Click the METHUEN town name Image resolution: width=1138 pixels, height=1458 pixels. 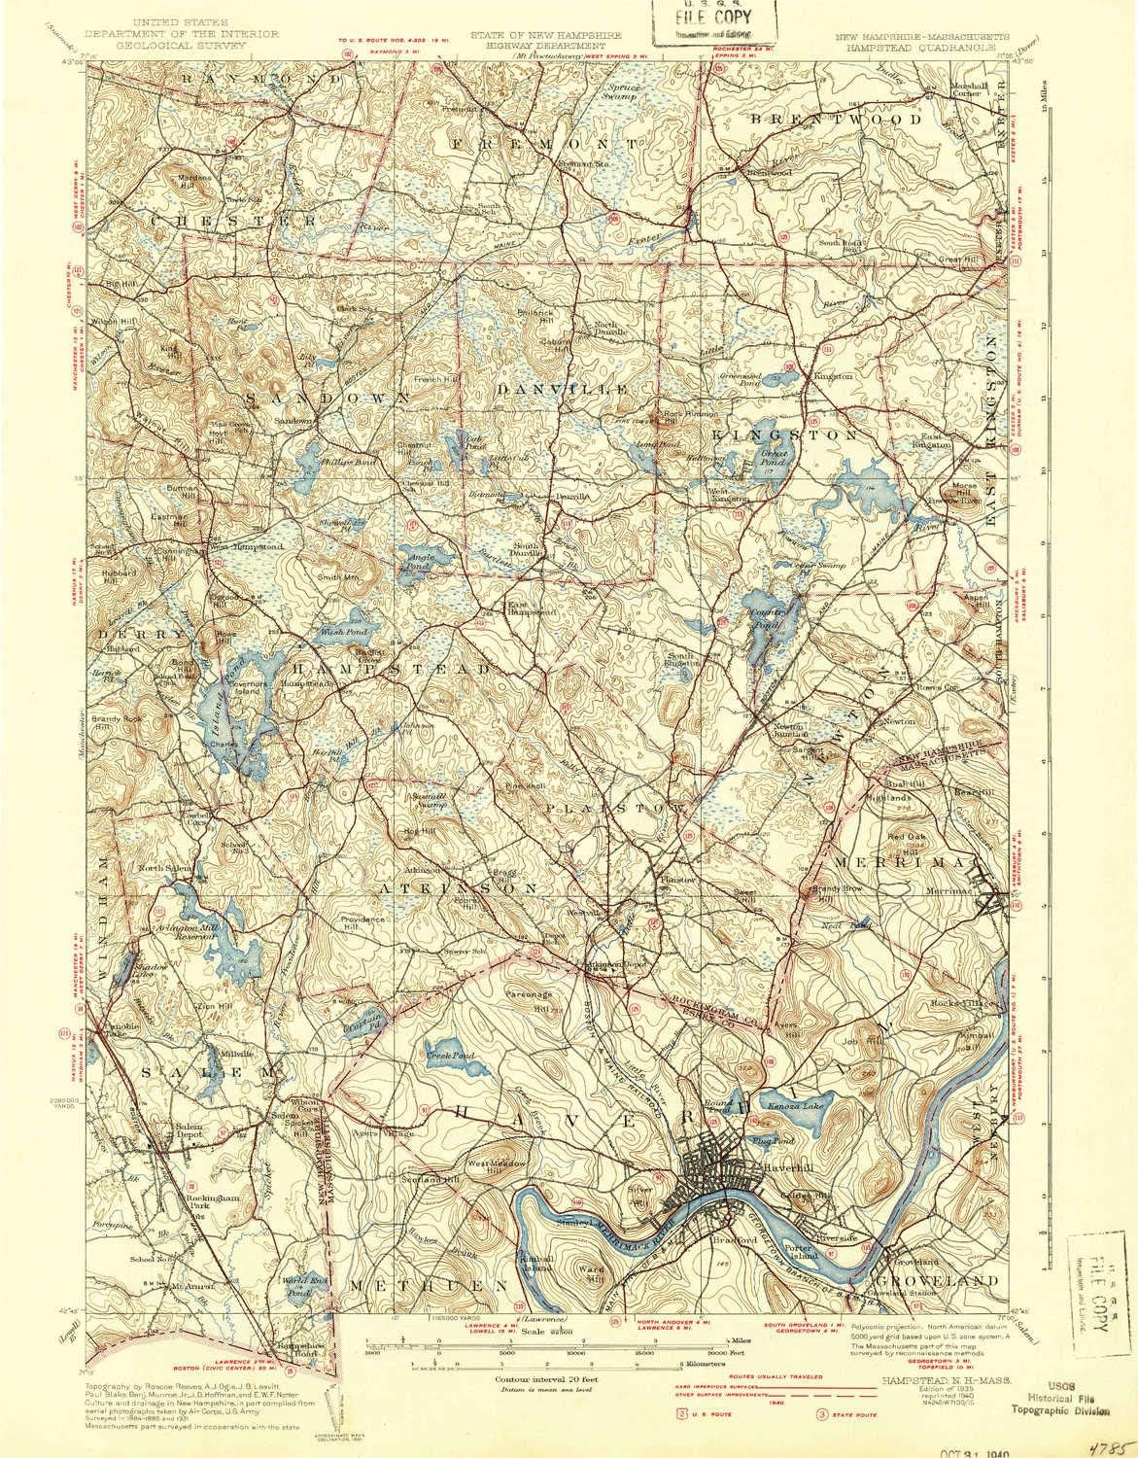coord(429,1284)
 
